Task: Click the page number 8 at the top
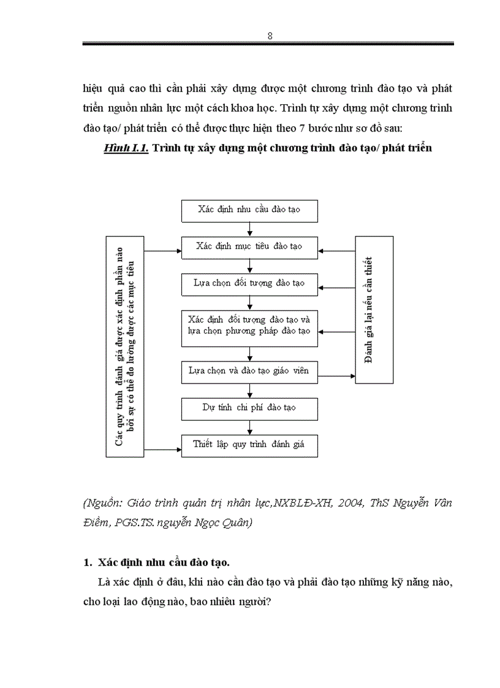(270, 36)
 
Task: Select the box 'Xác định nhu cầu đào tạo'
(249, 210)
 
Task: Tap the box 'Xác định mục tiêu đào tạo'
(249, 247)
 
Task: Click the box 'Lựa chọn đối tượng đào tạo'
(249, 284)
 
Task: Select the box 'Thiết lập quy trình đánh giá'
(249, 445)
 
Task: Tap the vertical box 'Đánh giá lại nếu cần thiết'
(374, 310)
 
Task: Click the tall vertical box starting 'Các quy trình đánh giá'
(124, 347)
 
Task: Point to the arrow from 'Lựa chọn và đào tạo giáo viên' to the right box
(338, 375)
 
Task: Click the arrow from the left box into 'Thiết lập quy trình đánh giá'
(162, 449)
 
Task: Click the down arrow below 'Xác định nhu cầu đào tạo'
(249, 228)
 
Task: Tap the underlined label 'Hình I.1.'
(127, 148)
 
